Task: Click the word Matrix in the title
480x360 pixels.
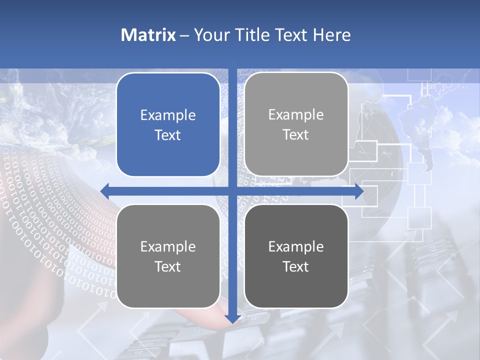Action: coord(148,35)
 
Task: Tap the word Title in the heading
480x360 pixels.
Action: coord(249,35)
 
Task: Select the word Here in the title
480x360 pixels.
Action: coord(332,35)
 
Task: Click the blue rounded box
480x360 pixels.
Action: coord(168,125)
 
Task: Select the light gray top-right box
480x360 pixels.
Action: coord(296,124)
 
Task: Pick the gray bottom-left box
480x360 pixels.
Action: coord(168,256)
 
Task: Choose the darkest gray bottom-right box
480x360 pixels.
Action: coord(296,256)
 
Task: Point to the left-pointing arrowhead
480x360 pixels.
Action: coord(105,191)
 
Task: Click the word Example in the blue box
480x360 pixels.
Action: coord(168,115)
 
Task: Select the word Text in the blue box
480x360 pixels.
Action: coord(168,135)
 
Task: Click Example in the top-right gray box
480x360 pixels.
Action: coord(296,114)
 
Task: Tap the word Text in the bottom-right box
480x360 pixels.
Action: coord(296,266)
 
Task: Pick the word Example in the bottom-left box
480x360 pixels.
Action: coord(168,246)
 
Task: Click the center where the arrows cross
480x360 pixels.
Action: coord(232,191)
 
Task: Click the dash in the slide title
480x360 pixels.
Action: coord(184,35)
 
